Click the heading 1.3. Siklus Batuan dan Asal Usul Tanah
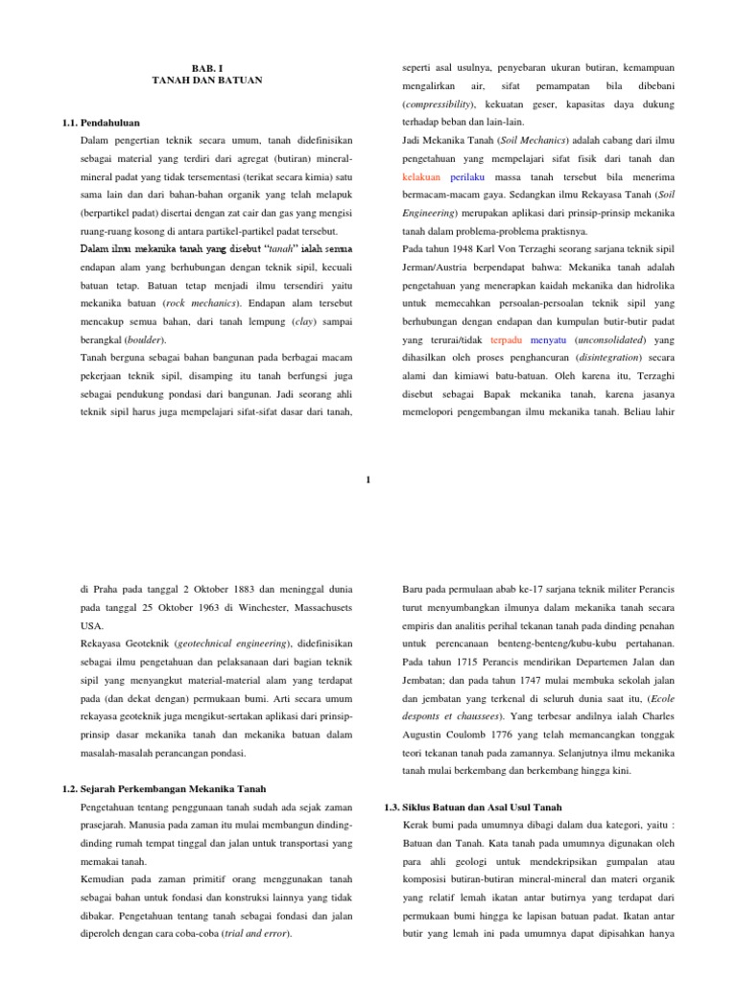(473, 807)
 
